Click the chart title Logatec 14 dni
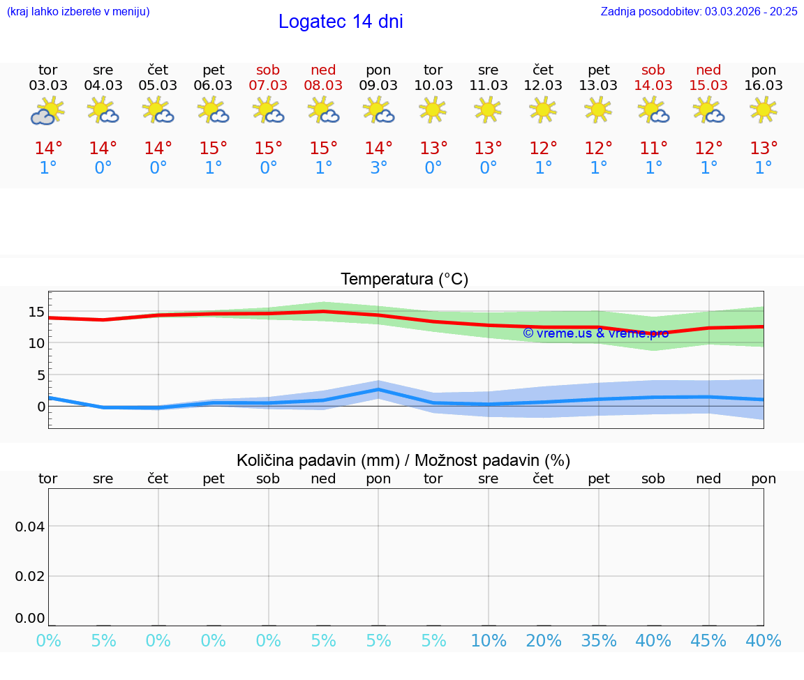click(341, 22)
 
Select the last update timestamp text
click(699, 11)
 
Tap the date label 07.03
click(268, 86)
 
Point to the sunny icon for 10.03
click(433, 109)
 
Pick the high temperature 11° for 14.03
click(653, 149)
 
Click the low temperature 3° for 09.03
click(378, 168)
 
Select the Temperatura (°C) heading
click(404, 279)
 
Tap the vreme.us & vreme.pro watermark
click(595, 333)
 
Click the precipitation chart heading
click(403, 460)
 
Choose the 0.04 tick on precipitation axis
click(30, 526)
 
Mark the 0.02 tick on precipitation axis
click(30, 575)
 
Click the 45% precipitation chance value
click(708, 641)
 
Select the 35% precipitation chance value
click(599, 641)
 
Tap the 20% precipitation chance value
click(544, 641)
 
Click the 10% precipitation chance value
click(489, 641)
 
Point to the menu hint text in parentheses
click(78, 11)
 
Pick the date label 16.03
click(764, 86)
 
